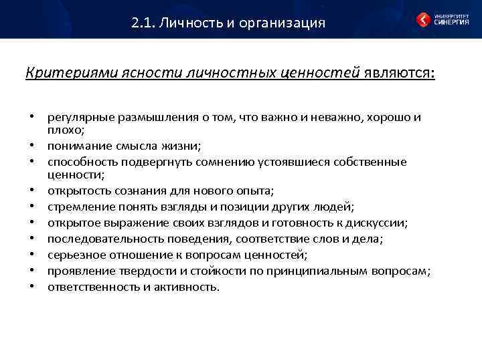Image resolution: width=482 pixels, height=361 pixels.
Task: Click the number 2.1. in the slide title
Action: (142, 23)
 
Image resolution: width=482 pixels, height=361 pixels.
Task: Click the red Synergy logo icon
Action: (424, 19)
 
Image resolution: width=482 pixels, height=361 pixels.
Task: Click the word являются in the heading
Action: (398, 72)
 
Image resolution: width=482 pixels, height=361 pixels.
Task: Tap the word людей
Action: (335, 207)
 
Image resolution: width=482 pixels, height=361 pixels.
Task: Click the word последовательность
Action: (102, 239)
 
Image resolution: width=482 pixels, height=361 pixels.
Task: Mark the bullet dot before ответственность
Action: (31, 287)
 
